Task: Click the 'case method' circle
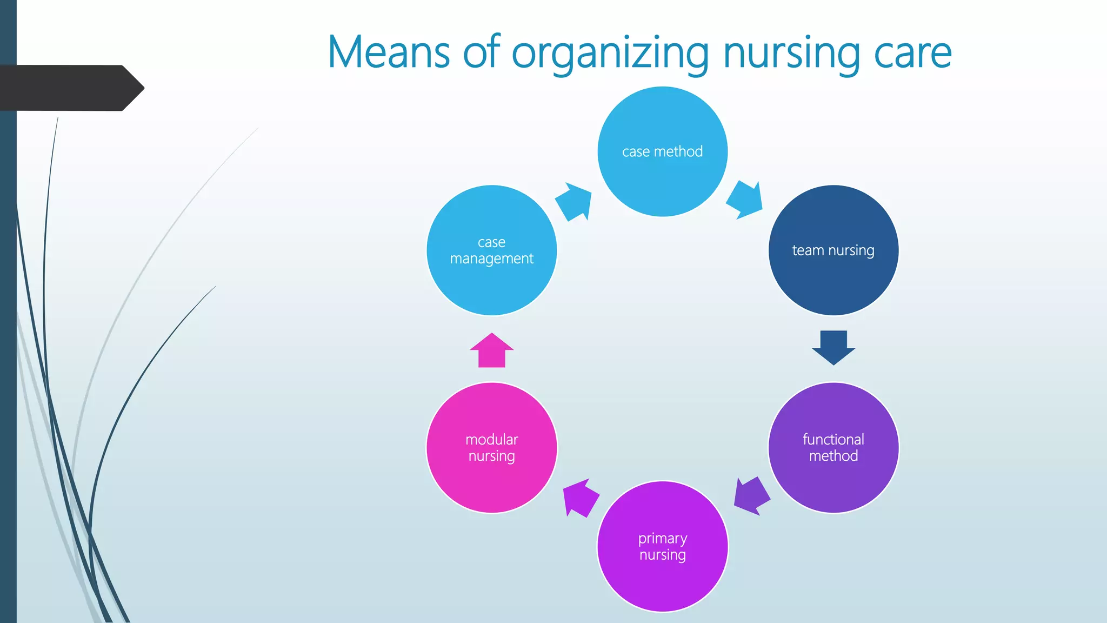click(662, 151)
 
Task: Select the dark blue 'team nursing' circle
click(833, 250)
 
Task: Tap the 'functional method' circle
click(833, 447)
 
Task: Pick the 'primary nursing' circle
click(662, 546)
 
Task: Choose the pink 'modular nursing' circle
click(491, 447)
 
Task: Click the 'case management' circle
click(491, 250)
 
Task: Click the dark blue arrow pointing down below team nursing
click(833, 347)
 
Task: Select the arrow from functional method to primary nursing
click(751, 496)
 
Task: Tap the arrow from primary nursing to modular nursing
click(580, 497)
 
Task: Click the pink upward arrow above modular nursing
click(491, 350)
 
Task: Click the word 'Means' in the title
click(389, 52)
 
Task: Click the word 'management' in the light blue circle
click(491, 259)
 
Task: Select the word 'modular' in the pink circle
click(491, 439)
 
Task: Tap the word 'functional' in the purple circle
click(833, 439)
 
